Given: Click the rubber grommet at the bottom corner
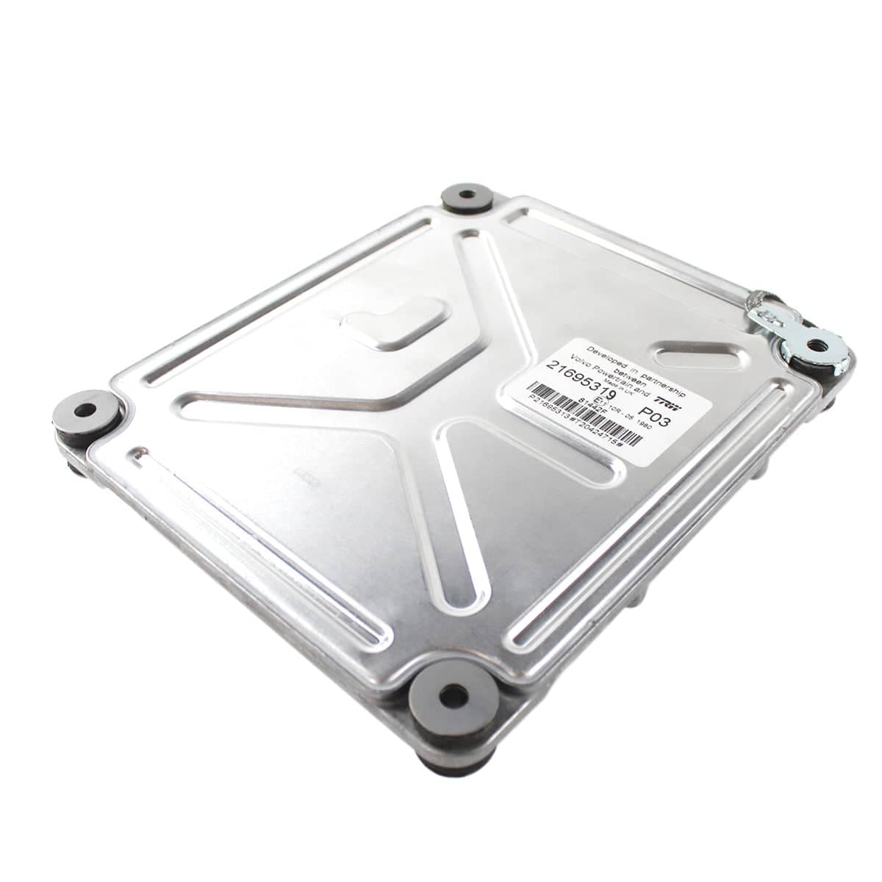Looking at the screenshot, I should point(451,695).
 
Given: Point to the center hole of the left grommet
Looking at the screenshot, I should point(85,410).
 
